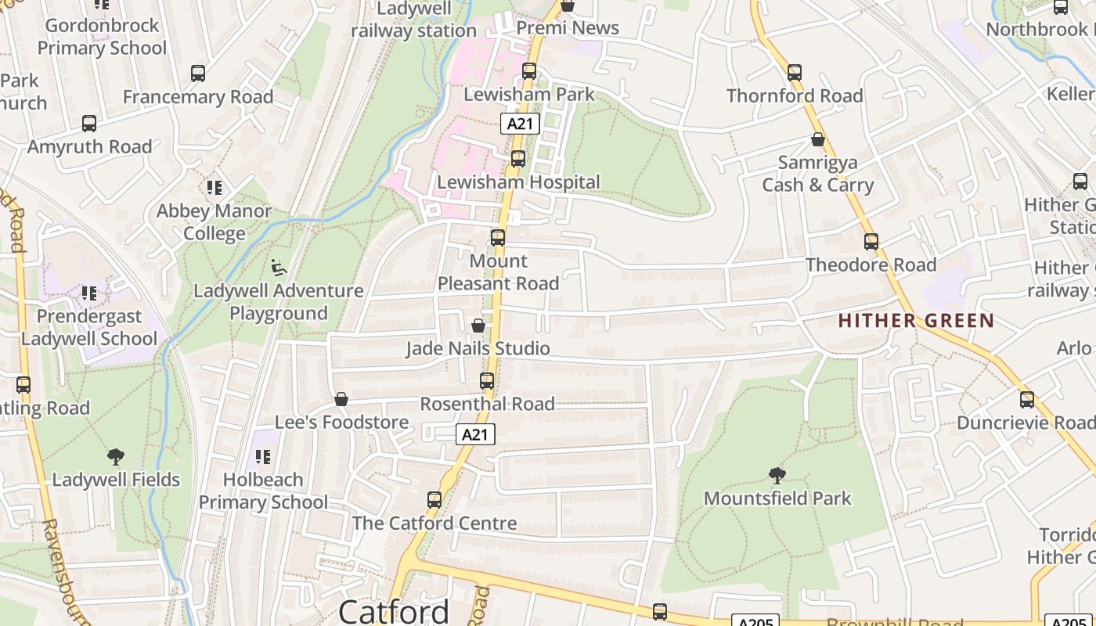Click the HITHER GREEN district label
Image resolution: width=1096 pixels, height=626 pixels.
tap(916, 321)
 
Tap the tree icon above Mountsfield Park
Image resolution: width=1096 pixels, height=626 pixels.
tap(777, 475)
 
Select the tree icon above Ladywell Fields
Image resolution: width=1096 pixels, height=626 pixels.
tap(116, 457)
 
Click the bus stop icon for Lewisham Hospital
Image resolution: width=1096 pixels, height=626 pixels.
tap(517, 159)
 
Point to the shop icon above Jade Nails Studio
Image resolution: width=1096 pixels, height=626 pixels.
tap(478, 326)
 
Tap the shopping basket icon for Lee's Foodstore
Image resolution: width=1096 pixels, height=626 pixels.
tap(341, 400)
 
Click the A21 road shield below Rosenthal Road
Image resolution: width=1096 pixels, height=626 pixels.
tap(475, 434)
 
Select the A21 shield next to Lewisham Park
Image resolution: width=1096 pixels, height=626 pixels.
tap(521, 124)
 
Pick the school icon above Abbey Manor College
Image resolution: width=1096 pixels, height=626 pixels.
tap(214, 188)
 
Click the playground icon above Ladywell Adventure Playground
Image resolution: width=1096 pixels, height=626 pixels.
tap(278, 268)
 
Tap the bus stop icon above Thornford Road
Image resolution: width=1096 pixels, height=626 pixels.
tap(795, 73)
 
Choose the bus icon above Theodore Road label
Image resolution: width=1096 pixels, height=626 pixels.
tap(871, 242)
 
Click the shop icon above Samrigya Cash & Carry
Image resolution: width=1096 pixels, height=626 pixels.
tap(818, 140)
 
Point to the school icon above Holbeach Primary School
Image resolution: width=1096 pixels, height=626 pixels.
tap(263, 456)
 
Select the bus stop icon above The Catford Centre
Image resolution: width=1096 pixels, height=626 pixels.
tap(434, 500)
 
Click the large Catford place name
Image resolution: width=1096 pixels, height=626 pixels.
tap(394, 611)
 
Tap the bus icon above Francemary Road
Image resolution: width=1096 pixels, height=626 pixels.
tap(198, 74)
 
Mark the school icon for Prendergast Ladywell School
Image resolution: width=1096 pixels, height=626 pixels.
tap(89, 293)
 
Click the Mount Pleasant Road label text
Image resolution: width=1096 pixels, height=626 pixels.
tap(498, 272)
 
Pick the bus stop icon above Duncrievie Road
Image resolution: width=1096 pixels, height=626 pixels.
tap(1027, 400)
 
